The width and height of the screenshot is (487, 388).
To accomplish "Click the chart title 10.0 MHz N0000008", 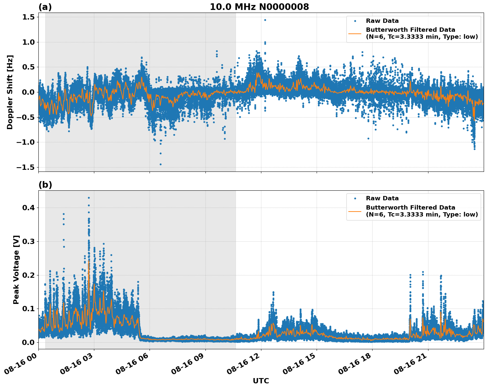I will [259, 7].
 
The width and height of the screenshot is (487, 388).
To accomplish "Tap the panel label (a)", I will [45, 7].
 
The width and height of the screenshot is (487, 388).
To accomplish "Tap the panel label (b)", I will [45, 185].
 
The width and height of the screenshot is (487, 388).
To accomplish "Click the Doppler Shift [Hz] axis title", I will [10, 92].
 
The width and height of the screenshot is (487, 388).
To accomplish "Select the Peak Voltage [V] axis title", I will [16, 269].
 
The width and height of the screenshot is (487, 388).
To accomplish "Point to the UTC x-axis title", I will [261, 381].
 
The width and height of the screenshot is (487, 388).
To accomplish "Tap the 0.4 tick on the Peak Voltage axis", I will [28, 208].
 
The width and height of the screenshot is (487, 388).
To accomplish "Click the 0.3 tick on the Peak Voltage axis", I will [28, 242].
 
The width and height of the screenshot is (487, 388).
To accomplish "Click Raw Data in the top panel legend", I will [382, 21].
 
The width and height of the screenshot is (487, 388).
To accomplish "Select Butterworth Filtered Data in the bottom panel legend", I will [410, 208].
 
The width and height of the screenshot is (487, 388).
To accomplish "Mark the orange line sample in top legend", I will [355, 33].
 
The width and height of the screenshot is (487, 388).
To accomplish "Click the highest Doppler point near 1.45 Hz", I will [265, 20].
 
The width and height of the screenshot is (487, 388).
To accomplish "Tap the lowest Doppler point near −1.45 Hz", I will [161, 164].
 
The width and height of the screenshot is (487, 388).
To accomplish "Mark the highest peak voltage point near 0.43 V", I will [89, 198].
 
